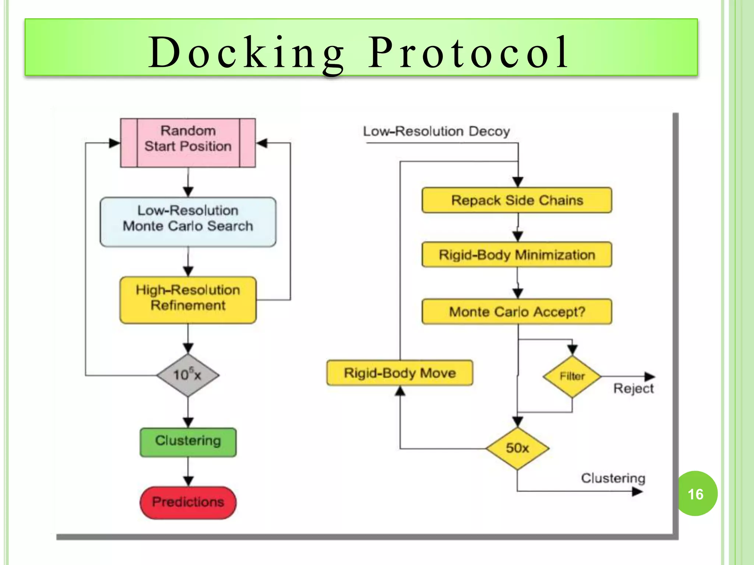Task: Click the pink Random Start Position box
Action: coord(188,143)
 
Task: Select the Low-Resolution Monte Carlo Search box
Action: coord(188,222)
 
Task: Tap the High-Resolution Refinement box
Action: coord(188,300)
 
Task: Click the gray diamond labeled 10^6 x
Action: coord(188,375)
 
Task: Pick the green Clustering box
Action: coord(188,442)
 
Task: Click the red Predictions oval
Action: coord(188,502)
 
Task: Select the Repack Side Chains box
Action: coord(517,200)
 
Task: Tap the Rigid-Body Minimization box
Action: coord(517,255)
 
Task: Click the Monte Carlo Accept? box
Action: coord(517,312)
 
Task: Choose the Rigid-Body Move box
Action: coord(400,373)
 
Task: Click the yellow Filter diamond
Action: coord(572,376)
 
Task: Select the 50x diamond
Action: coord(517,448)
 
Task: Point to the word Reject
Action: coord(633,389)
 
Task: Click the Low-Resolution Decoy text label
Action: coord(436,131)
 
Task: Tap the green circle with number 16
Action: coord(695,494)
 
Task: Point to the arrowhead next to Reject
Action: coord(650,376)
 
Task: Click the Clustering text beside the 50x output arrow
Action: coord(613,478)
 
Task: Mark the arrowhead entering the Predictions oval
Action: coord(188,482)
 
